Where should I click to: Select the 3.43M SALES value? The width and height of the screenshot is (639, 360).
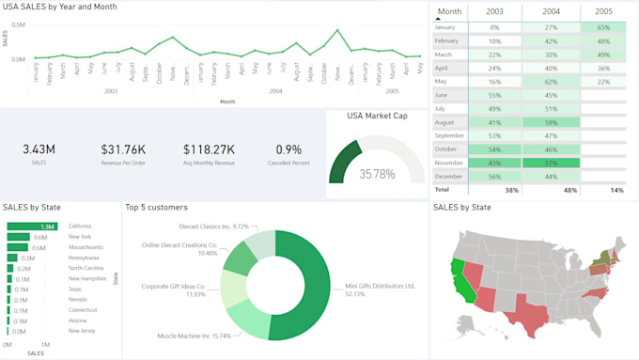pyautogui.click(x=39, y=149)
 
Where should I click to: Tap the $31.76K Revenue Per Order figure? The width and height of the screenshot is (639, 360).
pyautogui.click(x=123, y=149)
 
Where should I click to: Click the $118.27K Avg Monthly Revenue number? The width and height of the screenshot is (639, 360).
pyautogui.click(x=209, y=149)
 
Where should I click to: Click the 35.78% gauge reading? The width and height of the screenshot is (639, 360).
pyautogui.click(x=377, y=174)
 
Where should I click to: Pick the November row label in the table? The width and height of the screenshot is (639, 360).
pyautogui.click(x=449, y=163)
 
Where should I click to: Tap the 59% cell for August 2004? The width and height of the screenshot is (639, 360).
pyautogui.click(x=552, y=122)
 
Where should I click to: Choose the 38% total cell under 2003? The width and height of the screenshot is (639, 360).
pyautogui.click(x=511, y=190)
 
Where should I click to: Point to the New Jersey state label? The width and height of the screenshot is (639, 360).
pyautogui.click(x=81, y=331)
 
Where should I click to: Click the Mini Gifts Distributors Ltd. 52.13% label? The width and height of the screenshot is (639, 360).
pyautogui.click(x=380, y=290)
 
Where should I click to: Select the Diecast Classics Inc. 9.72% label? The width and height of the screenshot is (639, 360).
pyautogui.click(x=215, y=227)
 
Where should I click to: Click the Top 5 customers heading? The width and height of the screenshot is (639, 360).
pyautogui.click(x=156, y=207)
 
